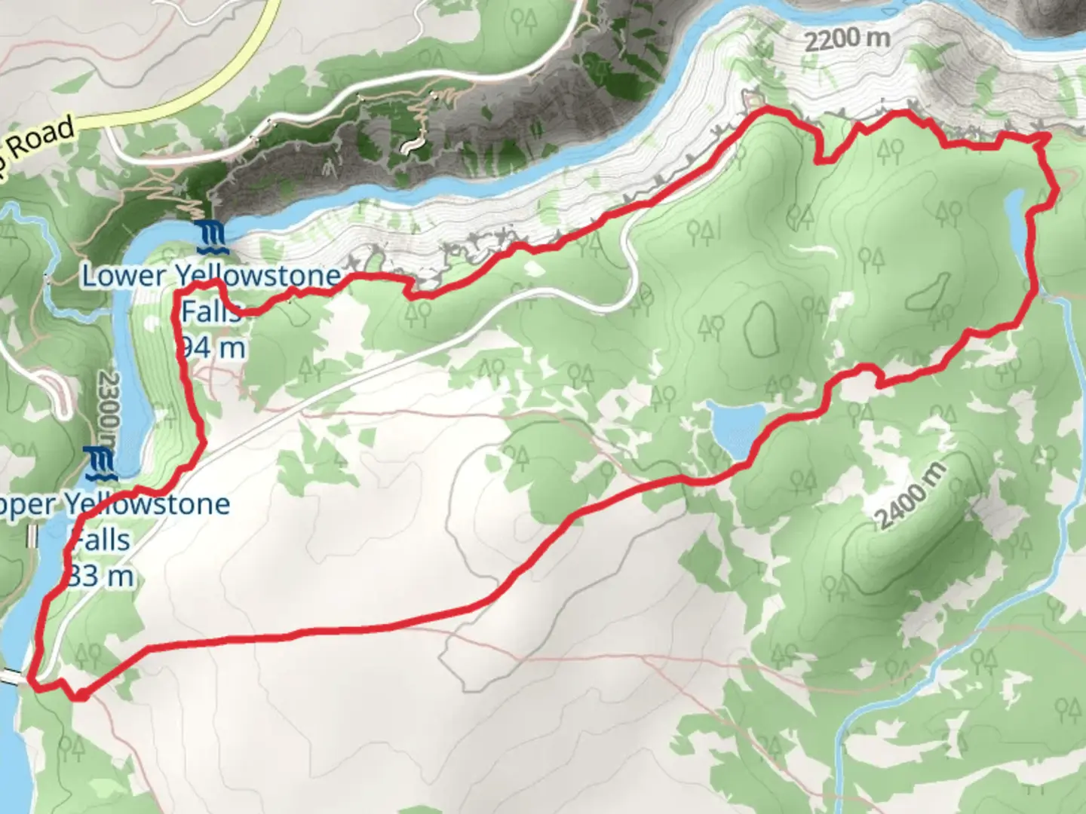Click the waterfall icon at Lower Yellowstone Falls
point(210,237)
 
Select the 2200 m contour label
point(846,38)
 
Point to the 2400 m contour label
point(910,495)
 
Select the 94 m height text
point(213,347)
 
